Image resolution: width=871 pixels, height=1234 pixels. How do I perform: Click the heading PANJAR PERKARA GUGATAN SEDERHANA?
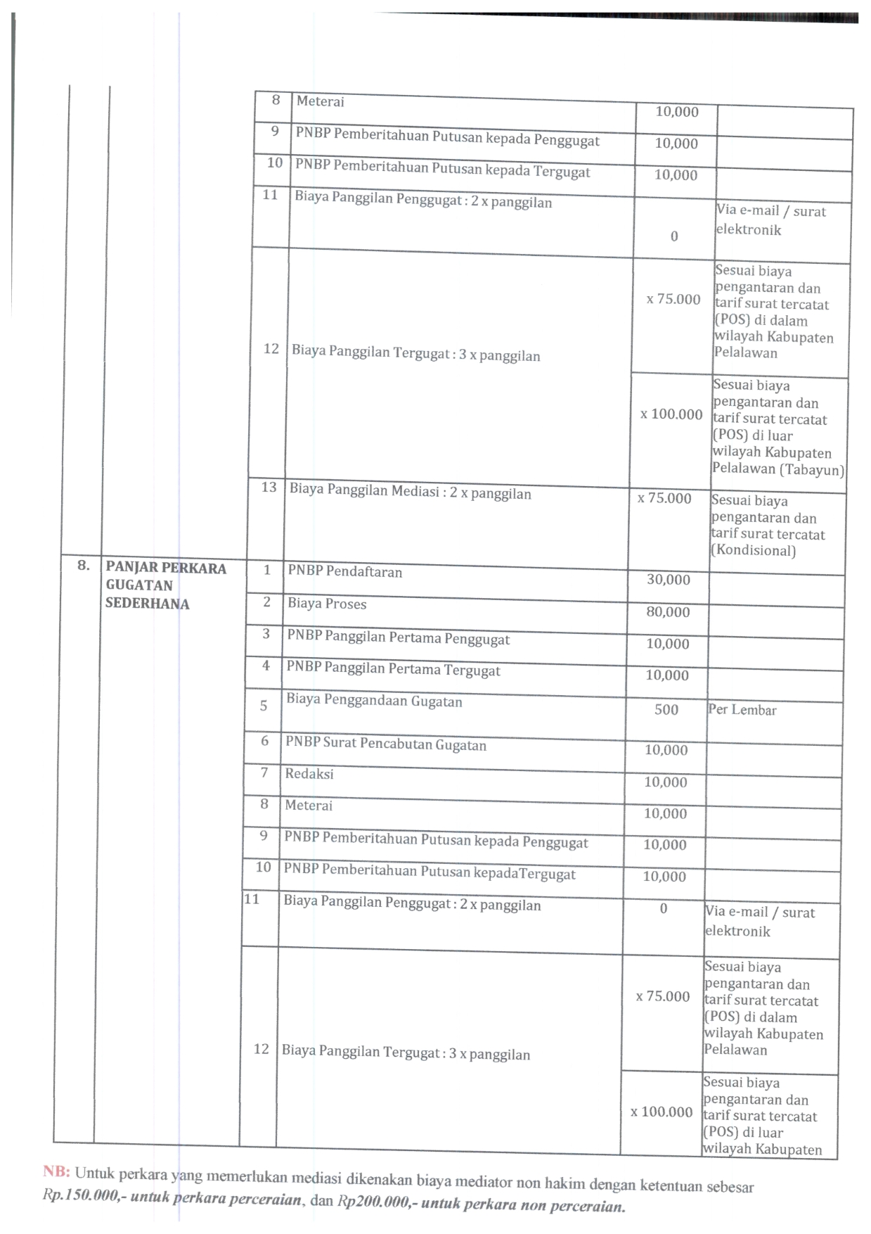click(165, 585)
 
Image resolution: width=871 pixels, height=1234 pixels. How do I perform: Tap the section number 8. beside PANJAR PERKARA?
click(84, 566)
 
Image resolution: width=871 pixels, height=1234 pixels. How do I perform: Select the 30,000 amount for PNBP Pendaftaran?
click(669, 580)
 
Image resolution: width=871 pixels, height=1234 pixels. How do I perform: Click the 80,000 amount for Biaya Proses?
click(668, 612)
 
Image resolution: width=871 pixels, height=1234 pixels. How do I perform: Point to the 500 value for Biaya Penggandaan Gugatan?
click(666, 710)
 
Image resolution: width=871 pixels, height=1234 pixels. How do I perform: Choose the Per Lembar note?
click(742, 710)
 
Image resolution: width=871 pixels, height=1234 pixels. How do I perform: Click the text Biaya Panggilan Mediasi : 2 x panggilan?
click(410, 492)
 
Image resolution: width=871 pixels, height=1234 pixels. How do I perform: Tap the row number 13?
click(269, 488)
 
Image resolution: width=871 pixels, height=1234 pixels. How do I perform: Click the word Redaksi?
click(309, 774)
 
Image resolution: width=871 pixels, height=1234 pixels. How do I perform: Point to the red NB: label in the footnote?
click(56, 1171)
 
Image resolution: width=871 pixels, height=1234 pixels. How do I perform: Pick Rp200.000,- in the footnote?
click(376, 1202)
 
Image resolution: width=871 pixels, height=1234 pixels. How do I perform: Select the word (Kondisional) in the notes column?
click(753, 550)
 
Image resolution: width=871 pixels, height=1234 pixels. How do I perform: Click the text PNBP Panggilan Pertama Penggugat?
click(398, 637)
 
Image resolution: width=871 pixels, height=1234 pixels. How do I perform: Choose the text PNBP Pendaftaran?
click(344, 571)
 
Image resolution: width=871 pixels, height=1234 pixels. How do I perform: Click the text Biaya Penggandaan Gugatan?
click(374, 701)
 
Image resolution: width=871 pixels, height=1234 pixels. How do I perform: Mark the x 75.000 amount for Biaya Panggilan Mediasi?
click(664, 499)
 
